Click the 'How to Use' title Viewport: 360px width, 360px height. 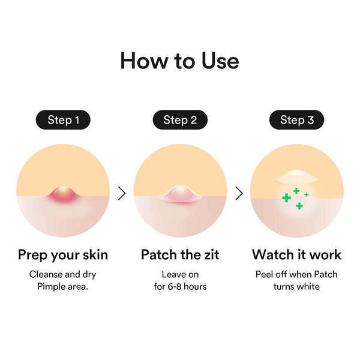coord(179,61)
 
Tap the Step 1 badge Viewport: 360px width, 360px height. coord(63,120)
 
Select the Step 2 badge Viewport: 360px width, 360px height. coord(180,120)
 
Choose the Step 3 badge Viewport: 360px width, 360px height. coord(296,120)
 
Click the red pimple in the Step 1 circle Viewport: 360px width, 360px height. coord(63,193)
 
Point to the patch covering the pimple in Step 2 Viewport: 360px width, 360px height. coord(180,193)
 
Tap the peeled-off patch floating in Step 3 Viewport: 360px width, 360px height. coord(296,176)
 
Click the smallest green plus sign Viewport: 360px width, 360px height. coord(307,194)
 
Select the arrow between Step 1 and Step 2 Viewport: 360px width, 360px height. coord(122,193)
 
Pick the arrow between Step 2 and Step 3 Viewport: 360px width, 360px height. coord(239,193)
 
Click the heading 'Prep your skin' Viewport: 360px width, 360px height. coord(63,254)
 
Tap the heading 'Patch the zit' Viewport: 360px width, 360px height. coord(180,254)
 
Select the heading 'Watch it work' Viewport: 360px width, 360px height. coord(296,254)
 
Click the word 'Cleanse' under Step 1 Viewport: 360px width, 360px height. coord(46,274)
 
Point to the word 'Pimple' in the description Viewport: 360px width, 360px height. coord(52,286)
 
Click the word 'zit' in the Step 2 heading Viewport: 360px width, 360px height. coord(210,254)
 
